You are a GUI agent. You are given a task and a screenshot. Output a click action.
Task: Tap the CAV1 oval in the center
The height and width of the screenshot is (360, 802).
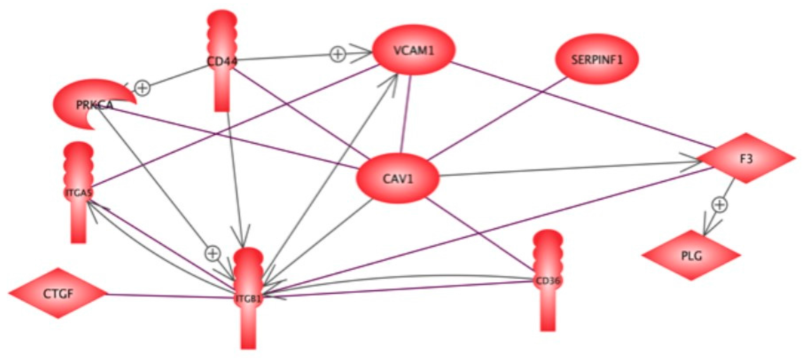click(398, 179)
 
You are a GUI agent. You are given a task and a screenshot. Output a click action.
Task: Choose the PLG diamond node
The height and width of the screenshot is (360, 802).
click(691, 256)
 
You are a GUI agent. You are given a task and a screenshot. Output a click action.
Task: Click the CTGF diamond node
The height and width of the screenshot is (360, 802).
click(58, 293)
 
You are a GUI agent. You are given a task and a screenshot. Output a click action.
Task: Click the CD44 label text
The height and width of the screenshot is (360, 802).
click(222, 61)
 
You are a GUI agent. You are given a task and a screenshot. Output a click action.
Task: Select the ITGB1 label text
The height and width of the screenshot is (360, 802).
click(248, 299)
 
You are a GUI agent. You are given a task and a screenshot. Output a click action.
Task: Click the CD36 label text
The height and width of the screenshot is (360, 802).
click(548, 281)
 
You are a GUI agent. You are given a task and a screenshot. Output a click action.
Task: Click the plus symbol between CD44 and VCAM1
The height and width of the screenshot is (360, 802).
click(338, 55)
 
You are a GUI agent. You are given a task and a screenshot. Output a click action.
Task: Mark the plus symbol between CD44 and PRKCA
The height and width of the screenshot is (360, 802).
click(142, 88)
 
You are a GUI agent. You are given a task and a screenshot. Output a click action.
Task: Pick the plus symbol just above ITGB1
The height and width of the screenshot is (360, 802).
click(212, 253)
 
